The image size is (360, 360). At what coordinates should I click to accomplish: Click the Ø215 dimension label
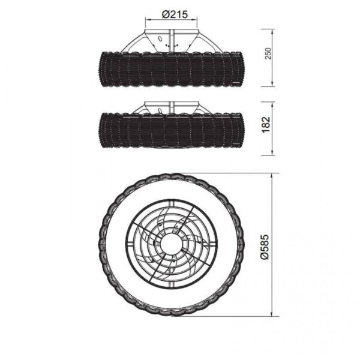[x=175, y=14]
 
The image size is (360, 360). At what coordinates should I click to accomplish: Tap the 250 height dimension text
[x=268, y=53]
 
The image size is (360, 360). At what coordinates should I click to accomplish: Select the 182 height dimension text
[x=266, y=125]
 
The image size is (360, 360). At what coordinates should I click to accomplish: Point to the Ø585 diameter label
[x=265, y=247]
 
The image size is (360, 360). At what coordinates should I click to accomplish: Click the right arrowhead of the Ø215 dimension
[x=195, y=20]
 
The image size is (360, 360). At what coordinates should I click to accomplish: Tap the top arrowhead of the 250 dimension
[x=272, y=31]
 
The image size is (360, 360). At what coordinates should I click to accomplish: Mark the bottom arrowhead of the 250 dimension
[x=272, y=84]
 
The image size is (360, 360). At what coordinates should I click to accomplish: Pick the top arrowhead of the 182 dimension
[x=272, y=104]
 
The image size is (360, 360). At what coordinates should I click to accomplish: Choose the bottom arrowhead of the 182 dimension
[x=272, y=153]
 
